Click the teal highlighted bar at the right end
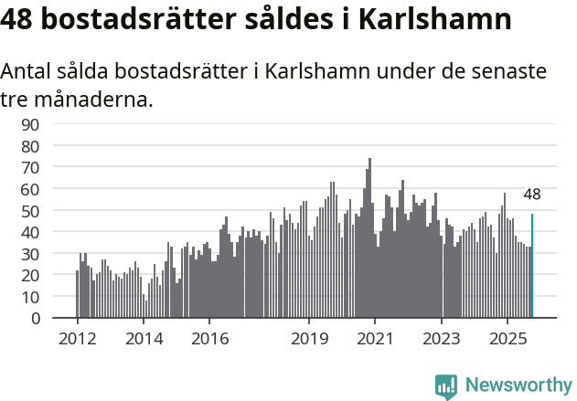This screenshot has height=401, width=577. pyautogui.click(x=532, y=267)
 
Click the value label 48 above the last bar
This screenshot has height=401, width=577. pyautogui.click(x=532, y=194)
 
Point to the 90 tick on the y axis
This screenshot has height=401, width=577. pyautogui.click(x=31, y=124)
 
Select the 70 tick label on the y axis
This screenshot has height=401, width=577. pyautogui.click(x=31, y=167)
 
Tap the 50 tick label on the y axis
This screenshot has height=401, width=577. pyautogui.click(x=31, y=210)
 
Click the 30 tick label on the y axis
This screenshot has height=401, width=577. pyautogui.click(x=31, y=254)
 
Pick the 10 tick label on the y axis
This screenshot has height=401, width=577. pyautogui.click(x=31, y=297)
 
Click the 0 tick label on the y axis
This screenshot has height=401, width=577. pyautogui.click(x=36, y=319)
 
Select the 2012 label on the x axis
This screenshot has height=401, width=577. pyautogui.click(x=77, y=338)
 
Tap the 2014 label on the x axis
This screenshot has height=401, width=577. pyautogui.click(x=144, y=338)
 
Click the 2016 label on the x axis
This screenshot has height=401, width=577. pyautogui.click(x=209, y=338)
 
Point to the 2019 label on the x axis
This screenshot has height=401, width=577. pyautogui.click(x=309, y=338)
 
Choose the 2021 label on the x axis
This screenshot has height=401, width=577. pyautogui.click(x=376, y=338)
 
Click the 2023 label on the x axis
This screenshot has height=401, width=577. pyautogui.click(x=442, y=338)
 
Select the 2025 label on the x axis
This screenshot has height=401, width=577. pyautogui.click(x=508, y=338)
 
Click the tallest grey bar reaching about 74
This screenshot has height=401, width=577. pyautogui.click(x=369, y=239)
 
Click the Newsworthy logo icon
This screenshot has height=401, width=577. pyautogui.click(x=446, y=385)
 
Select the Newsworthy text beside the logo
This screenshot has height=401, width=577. pyautogui.click(x=518, y=385)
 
